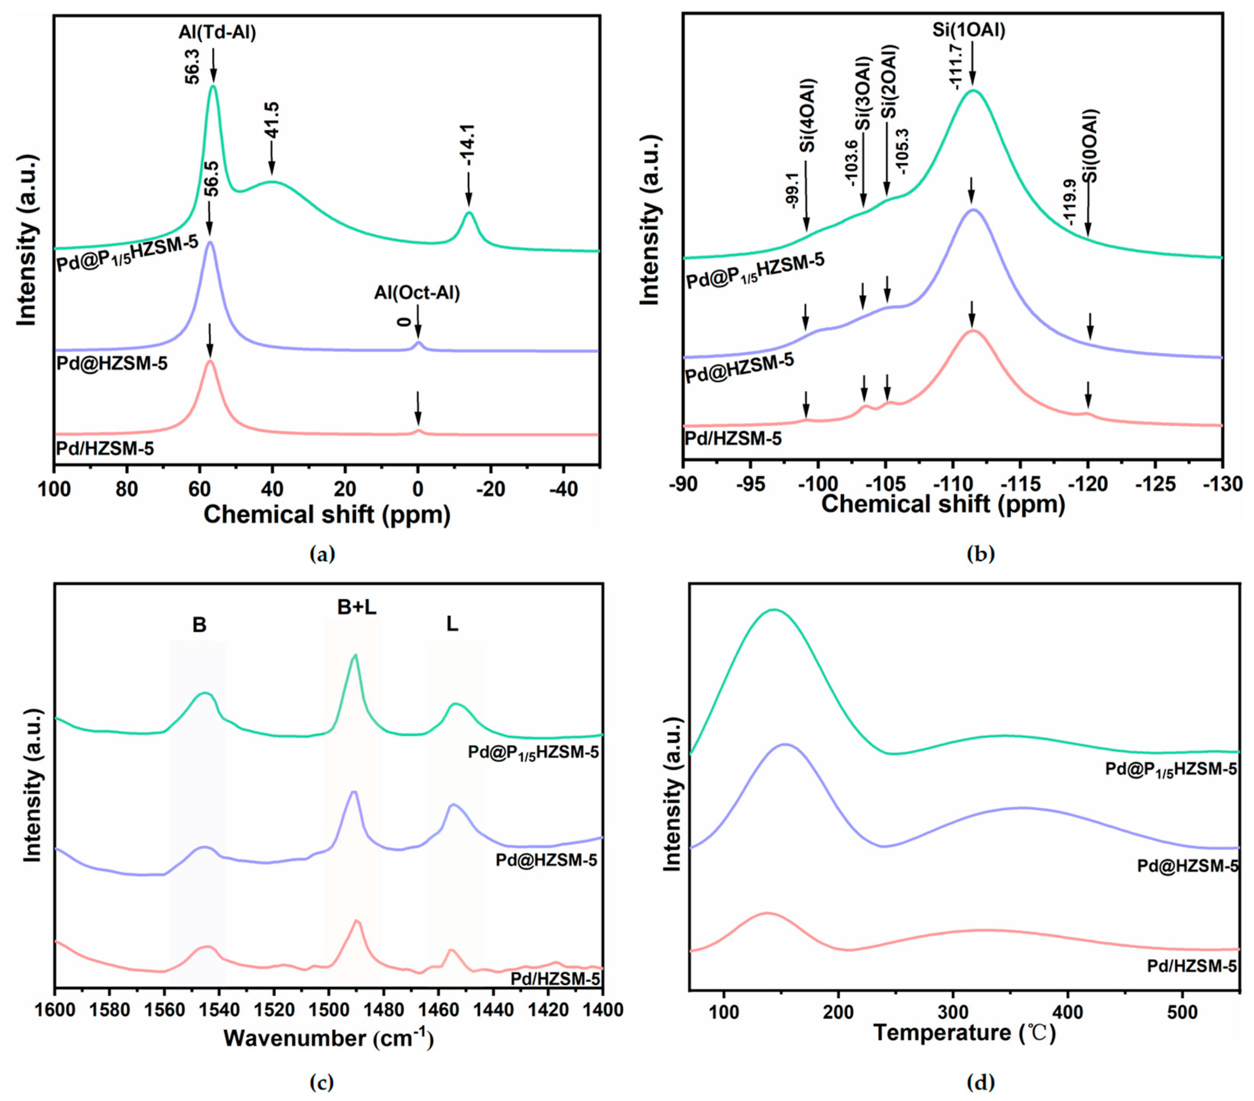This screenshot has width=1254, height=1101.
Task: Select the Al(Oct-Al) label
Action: (x=417, y=293)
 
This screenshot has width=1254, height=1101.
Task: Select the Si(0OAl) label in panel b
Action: (x=1090, y=146)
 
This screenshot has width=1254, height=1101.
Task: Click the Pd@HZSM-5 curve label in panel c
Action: (x=546, y=860)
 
